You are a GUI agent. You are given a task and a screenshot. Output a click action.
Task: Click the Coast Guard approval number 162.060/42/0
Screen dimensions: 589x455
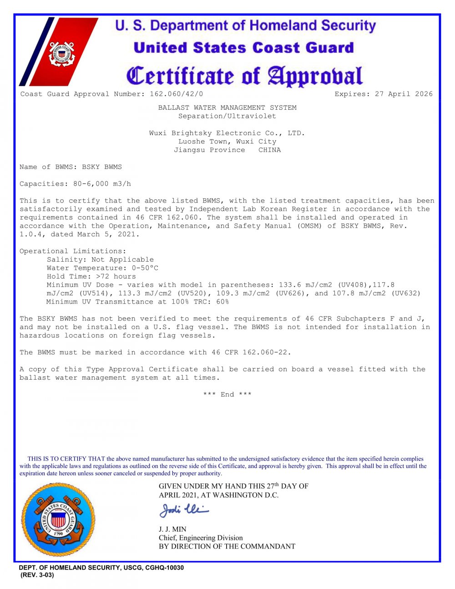click(x=177, y=94)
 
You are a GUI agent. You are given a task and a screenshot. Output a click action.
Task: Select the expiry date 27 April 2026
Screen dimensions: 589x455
click(x=404, y=94)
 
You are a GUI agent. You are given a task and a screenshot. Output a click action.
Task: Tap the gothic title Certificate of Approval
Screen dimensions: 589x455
click(x=244, y=76)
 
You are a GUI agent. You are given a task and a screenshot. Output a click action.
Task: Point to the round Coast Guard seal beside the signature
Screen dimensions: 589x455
click(x=58, y=519)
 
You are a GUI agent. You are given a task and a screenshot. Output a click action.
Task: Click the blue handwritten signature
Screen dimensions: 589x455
click(x=184, y=510)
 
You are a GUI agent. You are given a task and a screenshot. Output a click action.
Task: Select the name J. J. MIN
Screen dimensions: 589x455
click(x=172, y=529)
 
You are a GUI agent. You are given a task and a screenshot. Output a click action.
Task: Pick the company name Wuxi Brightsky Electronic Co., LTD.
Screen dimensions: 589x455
click(x=227, y=133)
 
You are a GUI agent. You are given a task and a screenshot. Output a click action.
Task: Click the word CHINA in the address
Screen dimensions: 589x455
click(x=269, y=150)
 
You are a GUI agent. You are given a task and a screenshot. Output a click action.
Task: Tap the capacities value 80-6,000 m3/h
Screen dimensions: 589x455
click(x=102, y=184)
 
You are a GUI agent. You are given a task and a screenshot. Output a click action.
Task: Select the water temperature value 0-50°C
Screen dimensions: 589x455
click(x=145, y=268)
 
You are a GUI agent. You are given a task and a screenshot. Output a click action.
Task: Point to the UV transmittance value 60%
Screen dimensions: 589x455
click(x=222, y=302)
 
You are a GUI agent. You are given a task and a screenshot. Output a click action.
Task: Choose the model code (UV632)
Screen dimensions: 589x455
click(x=406, y=293)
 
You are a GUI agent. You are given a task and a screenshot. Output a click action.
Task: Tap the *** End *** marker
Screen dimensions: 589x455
click(x=227, y=395)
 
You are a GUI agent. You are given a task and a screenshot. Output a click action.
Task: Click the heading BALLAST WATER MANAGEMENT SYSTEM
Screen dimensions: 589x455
click(x=227, y=108)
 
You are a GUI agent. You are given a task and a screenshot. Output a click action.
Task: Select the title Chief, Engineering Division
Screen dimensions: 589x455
click(x=201, y=538)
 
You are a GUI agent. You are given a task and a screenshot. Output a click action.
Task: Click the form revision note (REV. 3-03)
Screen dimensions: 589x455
click(x=37, y=575)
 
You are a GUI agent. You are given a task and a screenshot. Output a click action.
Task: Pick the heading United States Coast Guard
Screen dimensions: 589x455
click(x=244, y=48)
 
